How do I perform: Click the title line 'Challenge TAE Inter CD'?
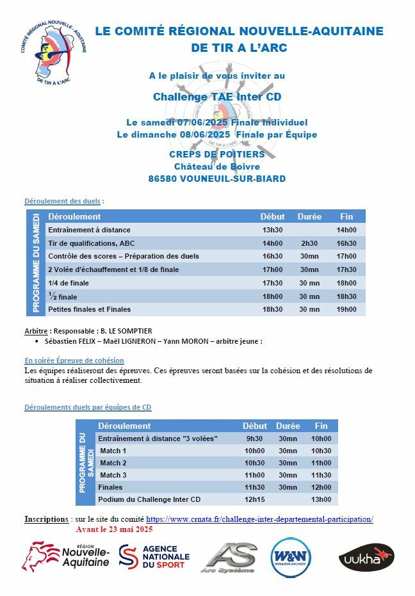pyautogui.click(x=217, y=97)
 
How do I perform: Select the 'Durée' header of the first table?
pyautogui.click(x=309, y=216)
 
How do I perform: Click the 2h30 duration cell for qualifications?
pyautogui.click(x=309, y=243)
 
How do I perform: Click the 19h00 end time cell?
pyautogui.click(x=346, y=309)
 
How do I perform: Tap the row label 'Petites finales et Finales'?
pyautogui.click(x=90, y=309)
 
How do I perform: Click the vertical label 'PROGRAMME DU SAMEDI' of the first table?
pyautogui.click(x=36, y=263)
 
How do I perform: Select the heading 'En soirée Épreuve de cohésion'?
pyautogui.click(x=74, y=360)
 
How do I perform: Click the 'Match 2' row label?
pyautogui.click(x=113, y=463)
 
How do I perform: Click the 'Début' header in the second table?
pyautogui.click(x=255, y=426)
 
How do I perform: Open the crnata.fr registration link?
pyautogui.click(x=259, y=519)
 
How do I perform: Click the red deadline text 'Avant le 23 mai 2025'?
pyautogui.click(x=114, y=529)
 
